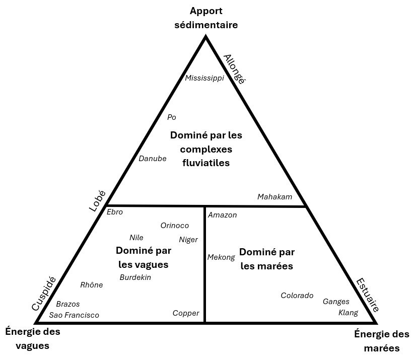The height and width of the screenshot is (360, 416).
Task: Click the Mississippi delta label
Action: point(204,78)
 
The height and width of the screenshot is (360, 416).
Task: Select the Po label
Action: point(172,117)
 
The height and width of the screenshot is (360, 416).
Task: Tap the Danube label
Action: point(153,159)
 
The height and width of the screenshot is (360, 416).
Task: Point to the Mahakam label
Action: point(274,197)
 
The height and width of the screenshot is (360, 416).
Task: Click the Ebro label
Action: point(115,212)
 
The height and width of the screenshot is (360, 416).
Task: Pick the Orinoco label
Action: point(174,226)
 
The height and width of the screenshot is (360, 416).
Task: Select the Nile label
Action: point(136,238)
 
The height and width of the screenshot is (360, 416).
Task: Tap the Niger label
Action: point(188,240)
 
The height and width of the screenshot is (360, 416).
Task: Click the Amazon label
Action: point(222,215)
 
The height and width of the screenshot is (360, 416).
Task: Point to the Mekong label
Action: point(221,257)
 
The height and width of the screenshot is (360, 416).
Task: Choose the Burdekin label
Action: point(135,277)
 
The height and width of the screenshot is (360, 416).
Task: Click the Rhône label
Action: point(92,285)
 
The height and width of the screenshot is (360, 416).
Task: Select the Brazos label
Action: point(68,304)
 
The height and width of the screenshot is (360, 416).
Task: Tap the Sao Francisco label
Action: point(74,315)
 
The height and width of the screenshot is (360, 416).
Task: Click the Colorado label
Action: point(297,296)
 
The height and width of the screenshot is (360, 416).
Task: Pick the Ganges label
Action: point(336,302)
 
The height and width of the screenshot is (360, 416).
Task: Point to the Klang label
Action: point(348,313)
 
